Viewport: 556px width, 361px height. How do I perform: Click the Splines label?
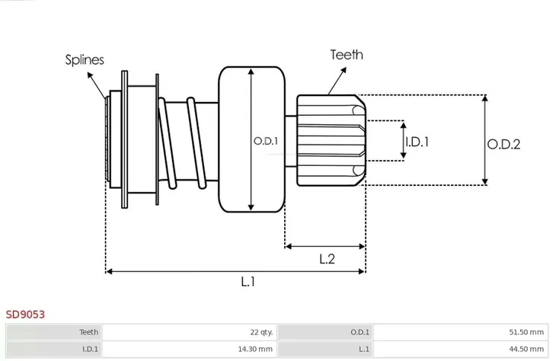point(85,59)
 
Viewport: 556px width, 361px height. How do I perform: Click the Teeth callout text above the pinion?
point(346,55)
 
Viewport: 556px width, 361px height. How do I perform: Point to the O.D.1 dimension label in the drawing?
point(265,141)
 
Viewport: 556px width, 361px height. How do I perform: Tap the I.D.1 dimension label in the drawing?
point(417,141)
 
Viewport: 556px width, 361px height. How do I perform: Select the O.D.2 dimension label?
point(504,143)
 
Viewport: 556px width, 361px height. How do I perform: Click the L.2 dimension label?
point(328,259)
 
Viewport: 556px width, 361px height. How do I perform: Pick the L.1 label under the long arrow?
point(248,283)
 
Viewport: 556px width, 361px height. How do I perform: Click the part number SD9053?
point(26,314)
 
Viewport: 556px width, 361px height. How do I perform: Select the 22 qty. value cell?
point(260,332)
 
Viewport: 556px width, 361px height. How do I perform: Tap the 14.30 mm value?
point(255,349)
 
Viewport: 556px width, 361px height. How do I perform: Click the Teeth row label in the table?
point(88,332)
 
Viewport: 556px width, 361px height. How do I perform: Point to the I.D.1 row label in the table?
point(89,349)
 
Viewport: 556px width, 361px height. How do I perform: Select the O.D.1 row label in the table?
point(359,332)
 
